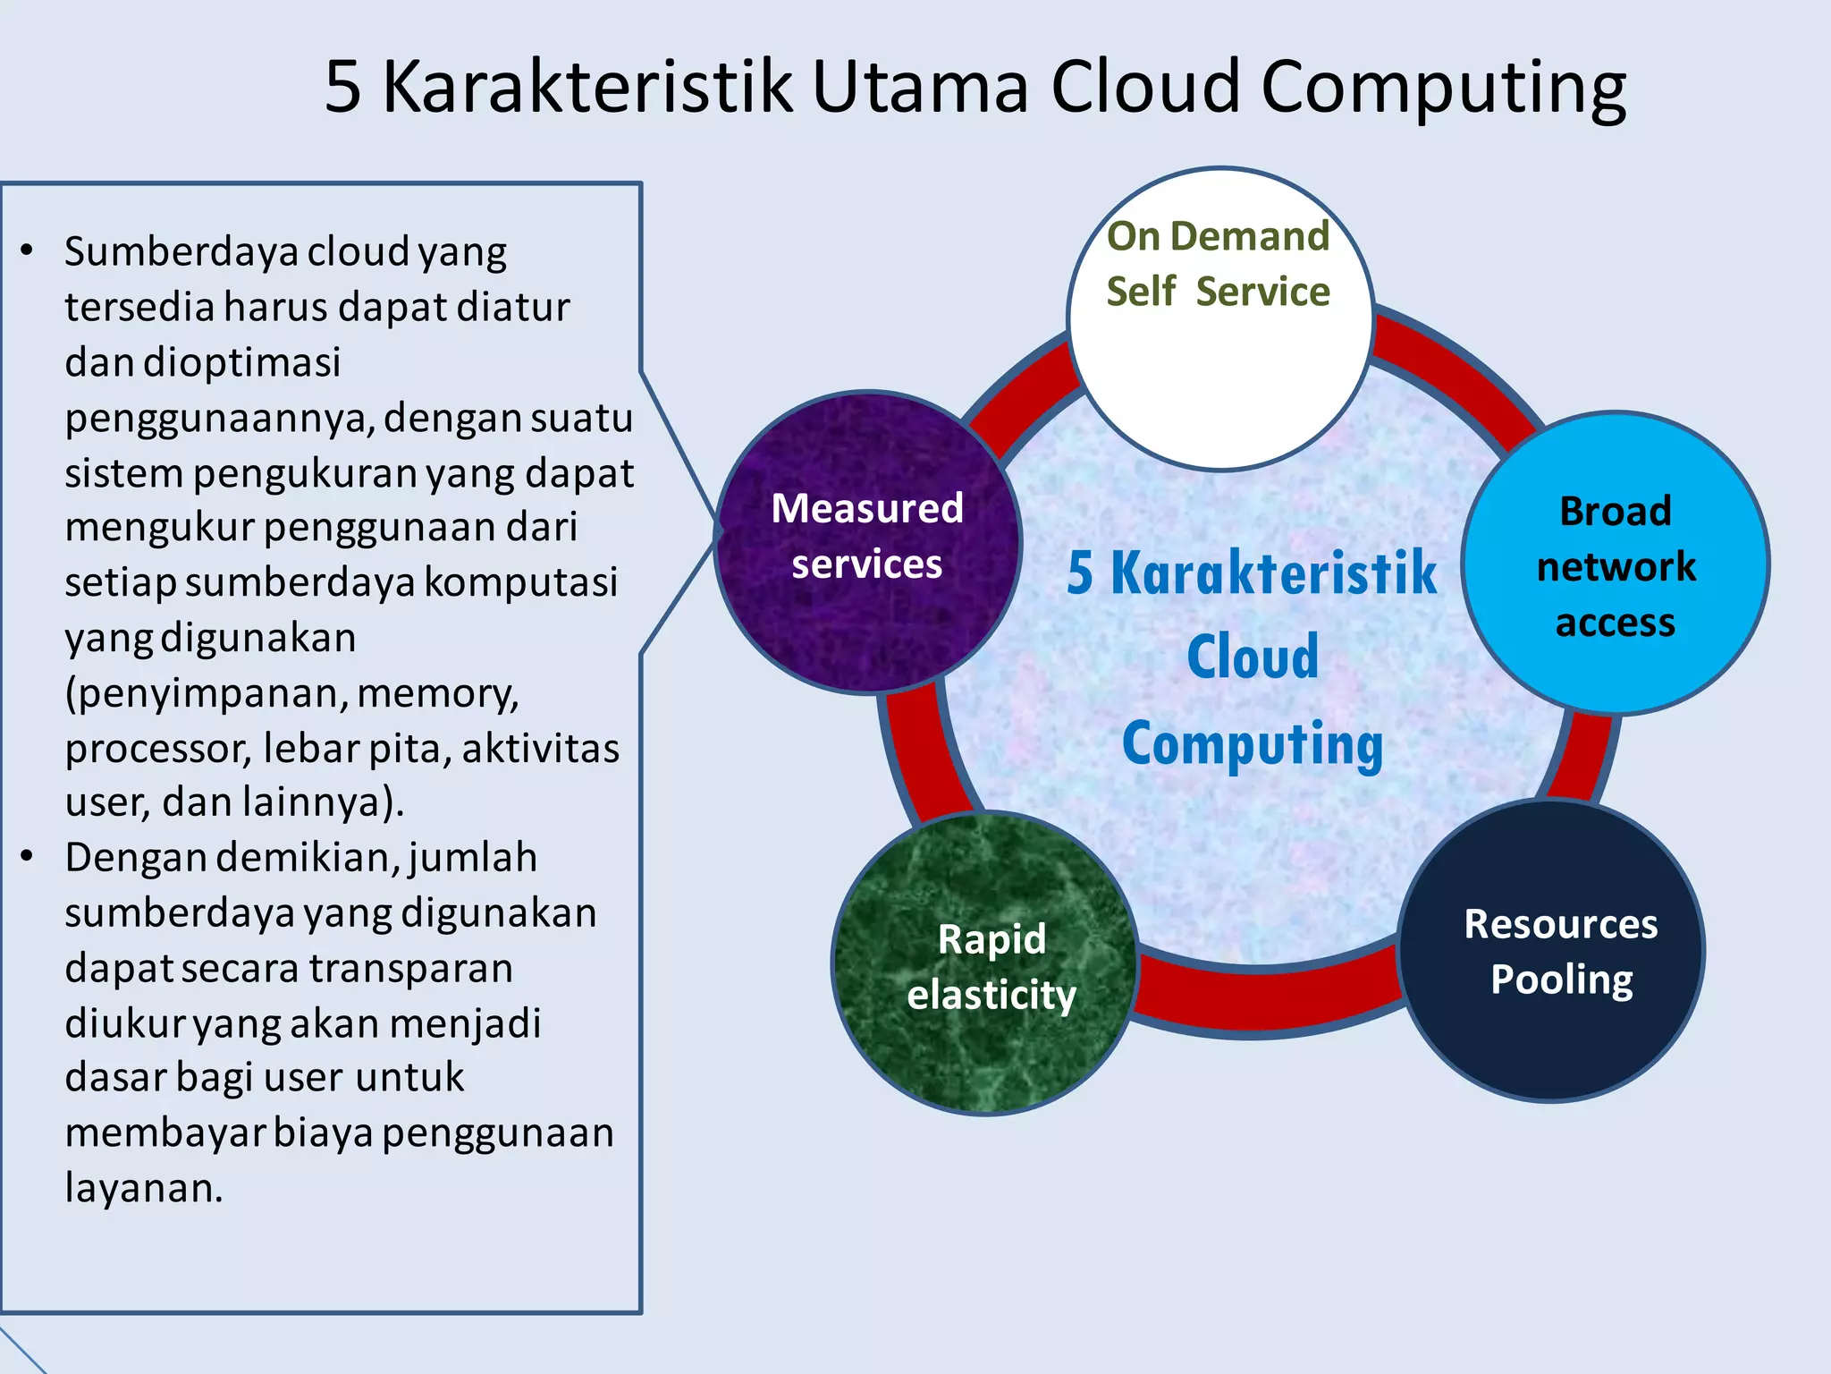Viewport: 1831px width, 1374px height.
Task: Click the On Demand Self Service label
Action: pos(1218,264)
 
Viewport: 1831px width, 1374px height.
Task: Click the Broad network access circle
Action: pos(1615,564)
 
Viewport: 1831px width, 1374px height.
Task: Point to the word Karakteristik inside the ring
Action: pos(1273,572)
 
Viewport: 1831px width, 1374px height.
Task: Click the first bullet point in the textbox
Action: pos(28,251)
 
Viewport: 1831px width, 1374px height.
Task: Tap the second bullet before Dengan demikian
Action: pos(28,857)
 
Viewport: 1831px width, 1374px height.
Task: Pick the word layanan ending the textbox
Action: pos(143,1189)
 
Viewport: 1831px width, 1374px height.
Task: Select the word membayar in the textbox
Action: pos(165,1133)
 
